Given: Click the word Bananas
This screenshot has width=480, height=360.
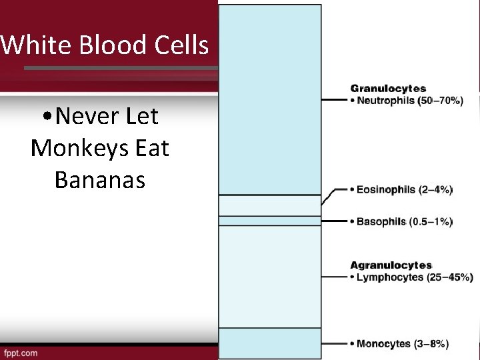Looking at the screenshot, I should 100,179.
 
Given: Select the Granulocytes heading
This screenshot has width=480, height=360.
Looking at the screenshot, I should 388,88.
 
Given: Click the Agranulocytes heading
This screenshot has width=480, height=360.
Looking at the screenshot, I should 391,265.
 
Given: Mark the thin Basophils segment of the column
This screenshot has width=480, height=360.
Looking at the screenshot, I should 270,221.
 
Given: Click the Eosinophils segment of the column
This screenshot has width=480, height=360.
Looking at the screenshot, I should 270,205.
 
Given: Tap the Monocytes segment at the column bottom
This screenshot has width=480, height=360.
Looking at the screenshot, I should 270,343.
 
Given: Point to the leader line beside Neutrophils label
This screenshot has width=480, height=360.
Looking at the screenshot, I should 335,101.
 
